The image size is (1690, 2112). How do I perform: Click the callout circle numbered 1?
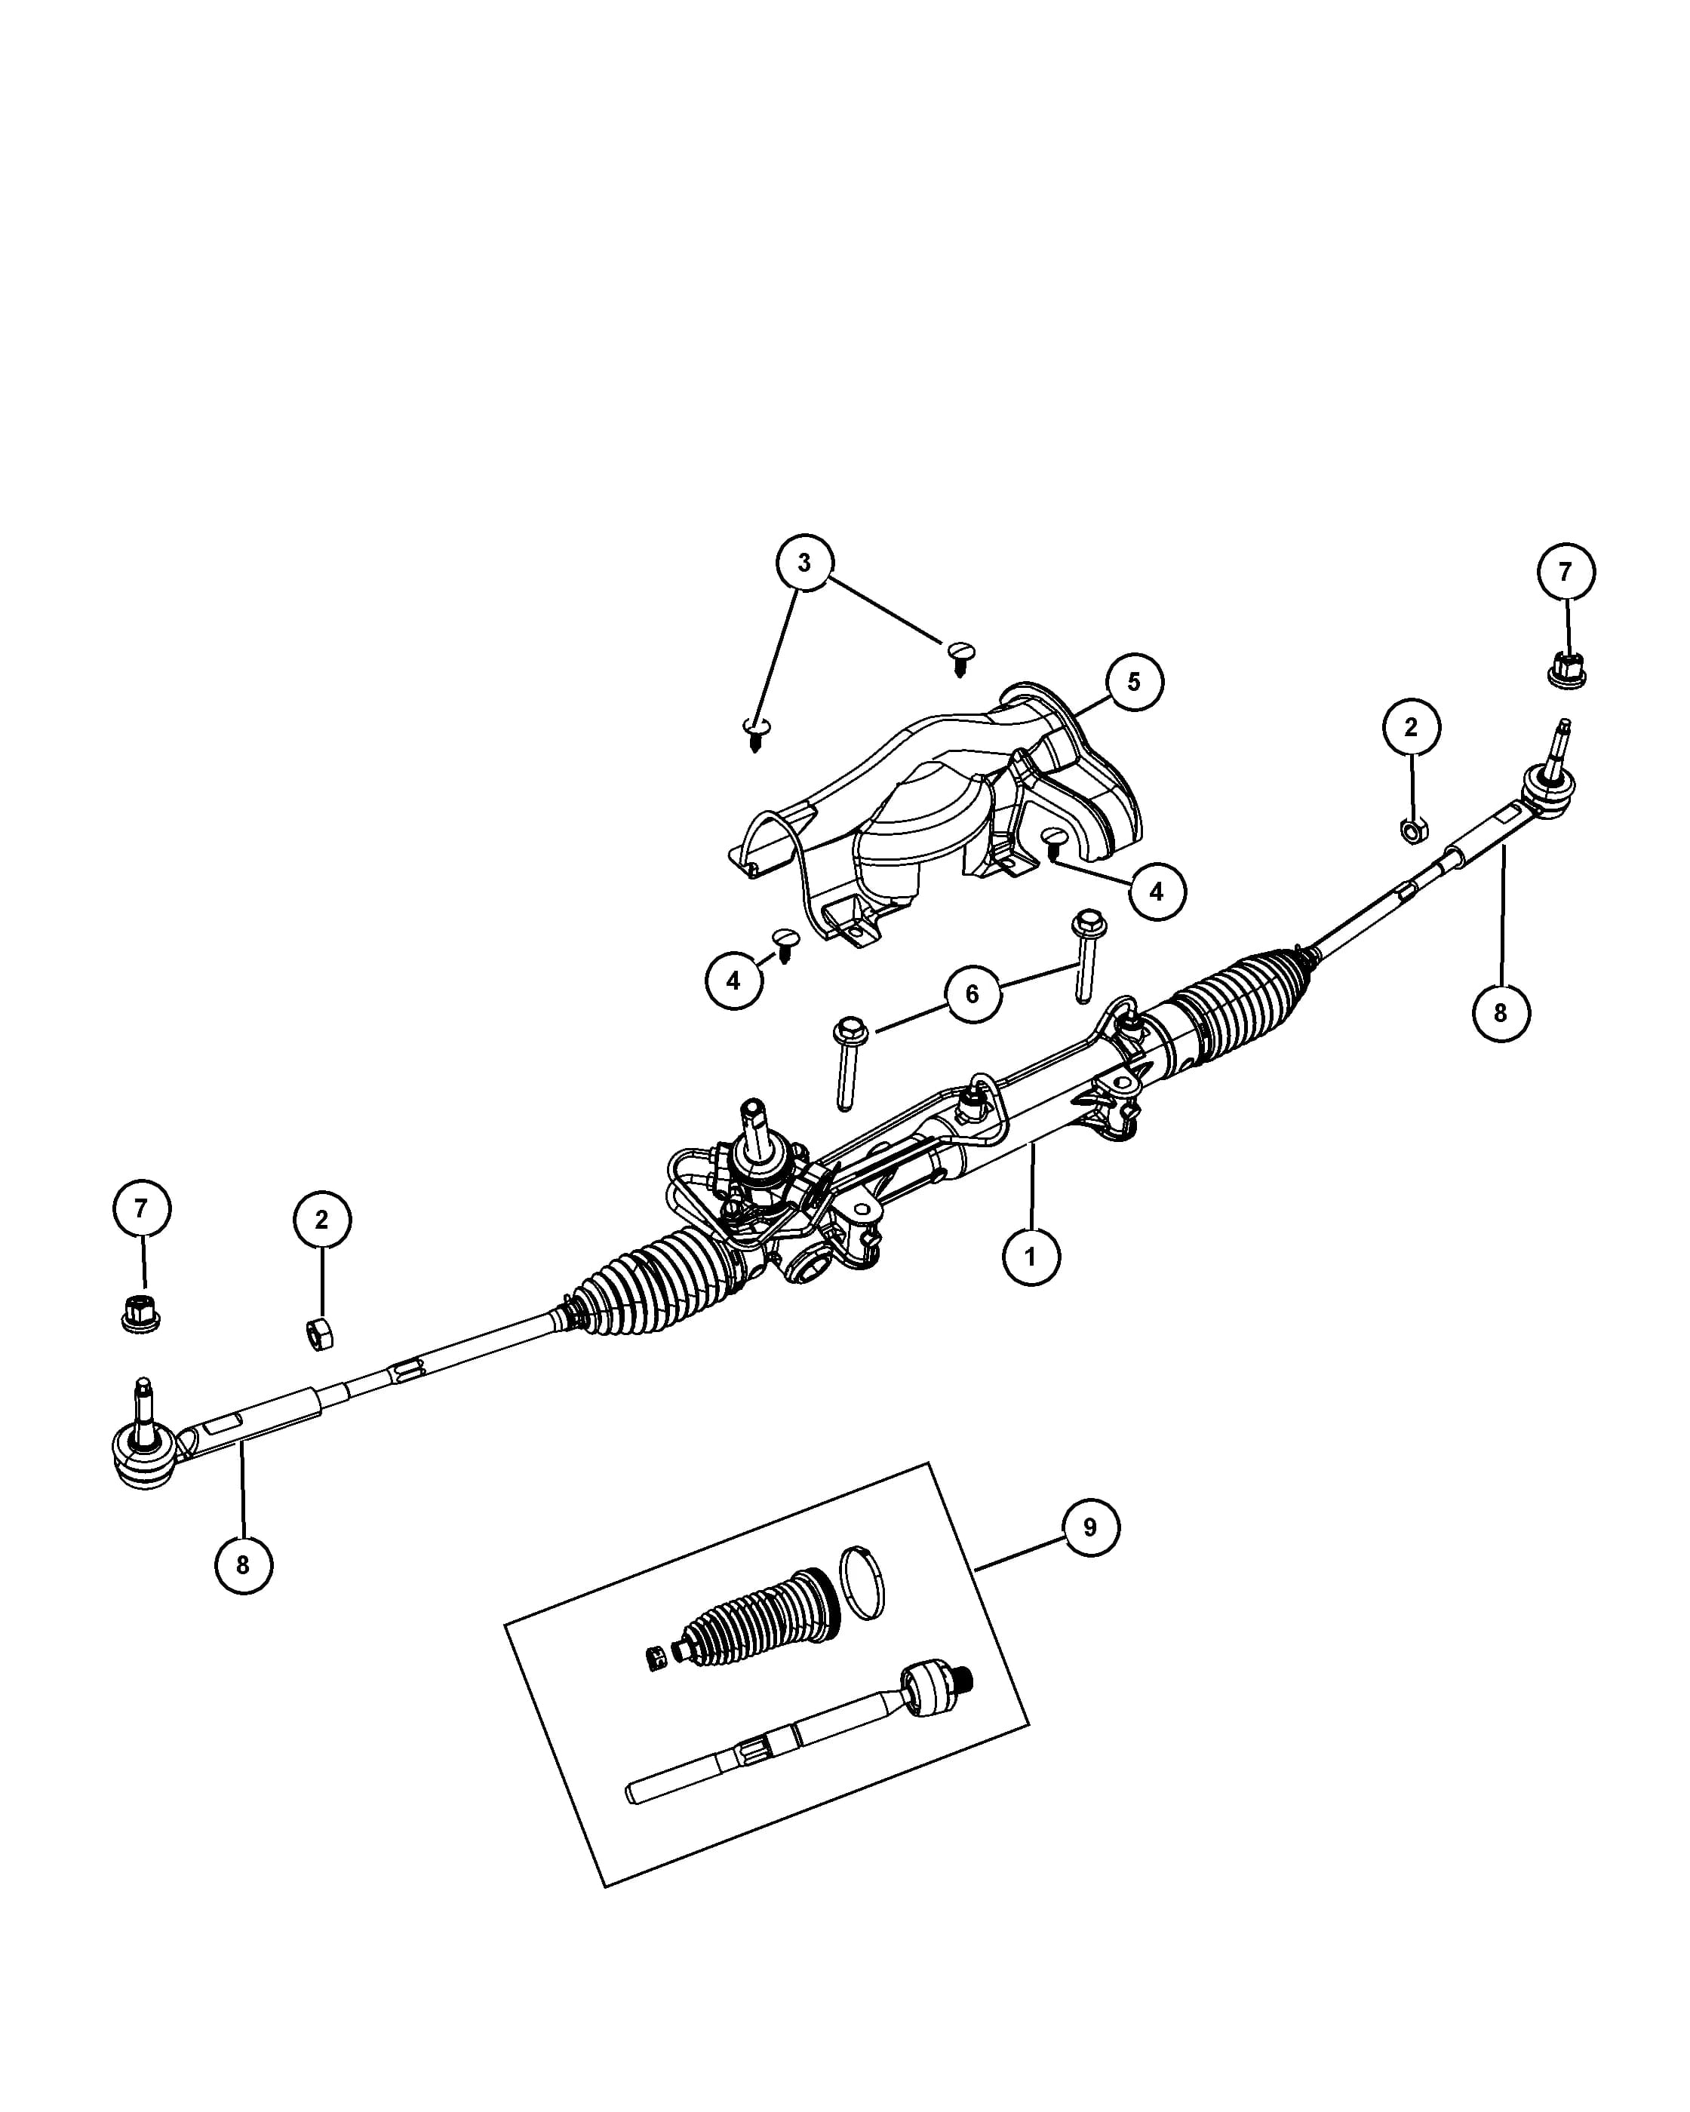click(x=1031, y=1256)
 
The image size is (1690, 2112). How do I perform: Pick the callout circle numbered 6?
click(x=972, y=994)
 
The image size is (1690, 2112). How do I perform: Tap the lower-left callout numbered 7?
click(x=141, y=1209)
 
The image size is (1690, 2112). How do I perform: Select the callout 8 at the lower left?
click(x=243, y=1564)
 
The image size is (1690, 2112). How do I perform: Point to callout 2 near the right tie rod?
click(x=1411, y=727)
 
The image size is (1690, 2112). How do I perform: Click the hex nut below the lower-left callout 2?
click(x=319, y=1334)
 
